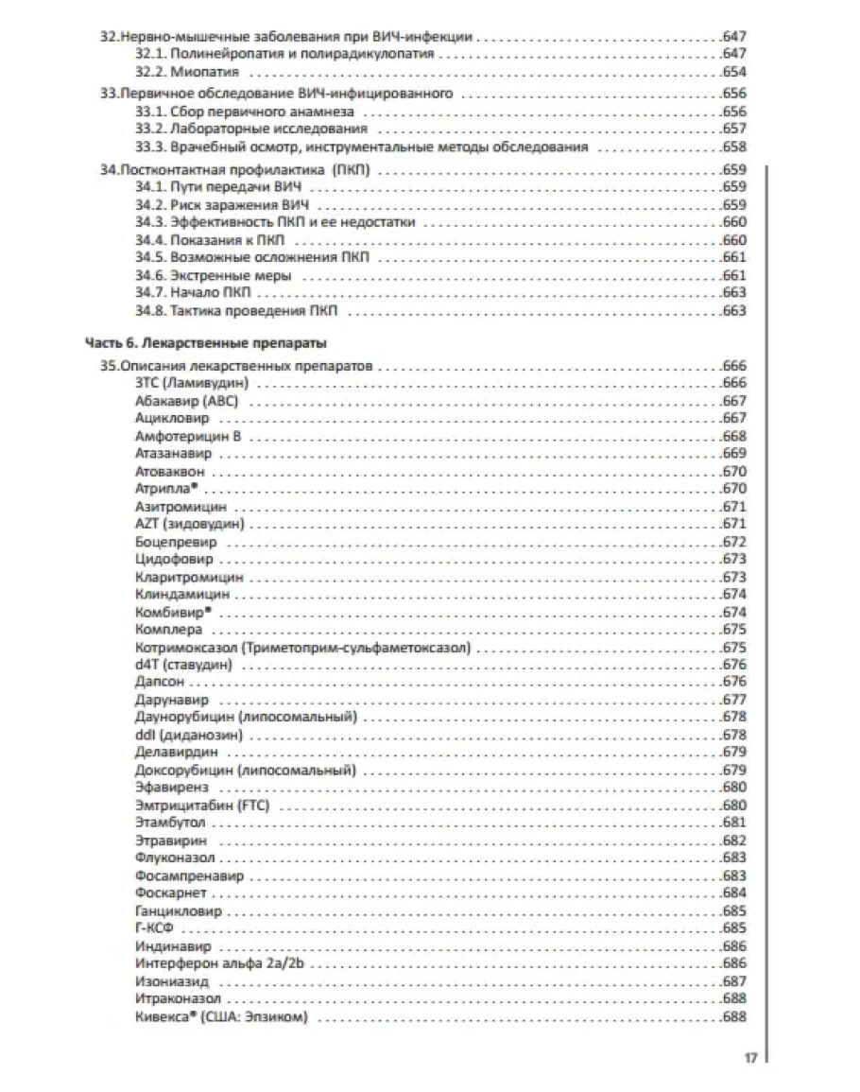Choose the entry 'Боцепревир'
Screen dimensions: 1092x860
coord(176,543)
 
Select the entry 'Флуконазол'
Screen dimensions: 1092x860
coord(175,858)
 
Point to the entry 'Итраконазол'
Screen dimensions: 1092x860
coord(178,999)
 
